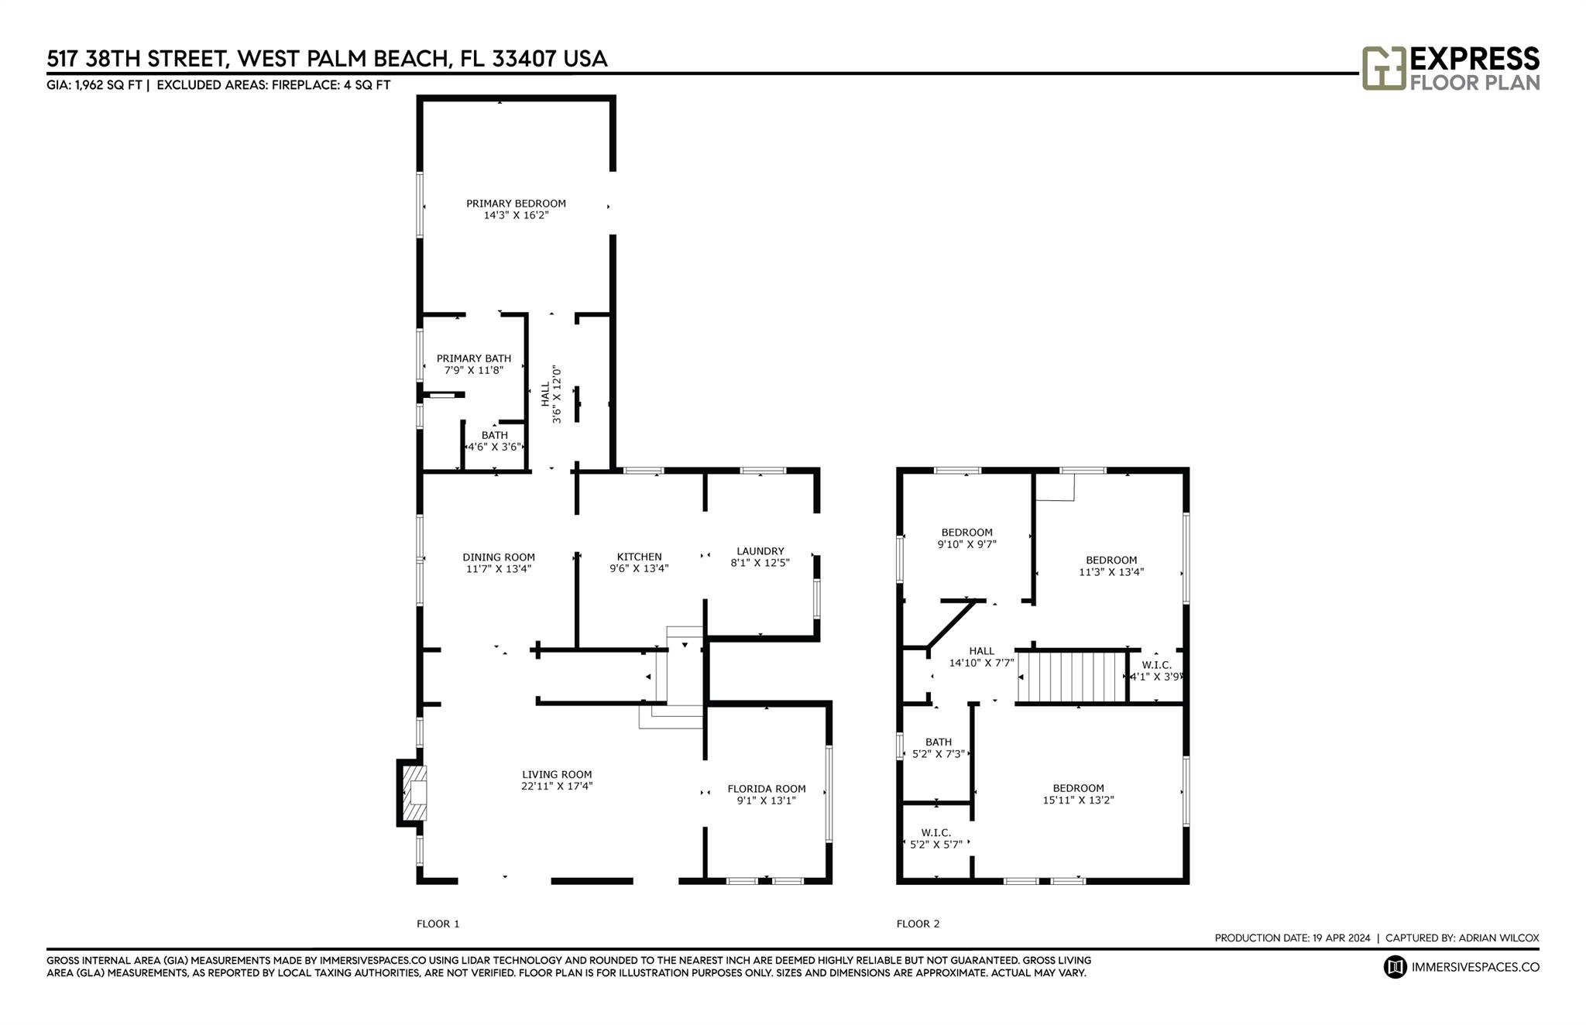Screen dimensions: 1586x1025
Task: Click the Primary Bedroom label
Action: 516,204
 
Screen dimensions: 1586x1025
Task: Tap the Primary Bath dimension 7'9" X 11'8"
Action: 474,370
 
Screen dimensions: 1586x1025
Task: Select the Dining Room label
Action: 499,557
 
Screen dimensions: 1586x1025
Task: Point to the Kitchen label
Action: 639,557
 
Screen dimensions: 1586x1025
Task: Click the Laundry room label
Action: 760,551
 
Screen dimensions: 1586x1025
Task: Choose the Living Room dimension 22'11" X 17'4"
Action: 557,786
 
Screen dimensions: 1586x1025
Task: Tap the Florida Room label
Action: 767,789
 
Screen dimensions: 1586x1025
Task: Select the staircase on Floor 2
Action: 1071,677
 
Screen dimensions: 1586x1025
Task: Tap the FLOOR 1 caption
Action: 438,924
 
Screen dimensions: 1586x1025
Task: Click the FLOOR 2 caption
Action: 918,924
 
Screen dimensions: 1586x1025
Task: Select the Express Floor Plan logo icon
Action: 1384,68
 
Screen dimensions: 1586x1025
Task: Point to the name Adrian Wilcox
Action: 1498,938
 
